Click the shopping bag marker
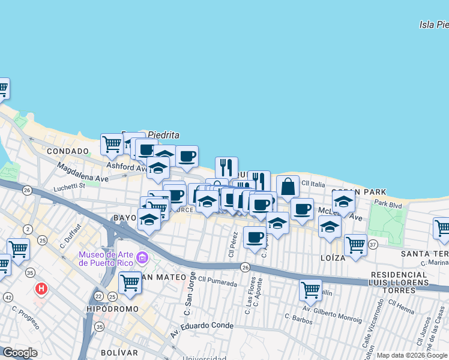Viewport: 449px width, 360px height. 288,187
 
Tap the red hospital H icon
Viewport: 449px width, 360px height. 41,289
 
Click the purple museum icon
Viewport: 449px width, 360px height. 142,259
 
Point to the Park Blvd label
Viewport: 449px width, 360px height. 388,204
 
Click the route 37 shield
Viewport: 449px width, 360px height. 373,244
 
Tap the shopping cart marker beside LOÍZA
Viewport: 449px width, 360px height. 355,244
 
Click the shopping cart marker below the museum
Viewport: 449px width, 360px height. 130,283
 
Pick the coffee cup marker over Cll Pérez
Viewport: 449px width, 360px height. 255,238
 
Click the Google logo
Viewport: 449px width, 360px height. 20,353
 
